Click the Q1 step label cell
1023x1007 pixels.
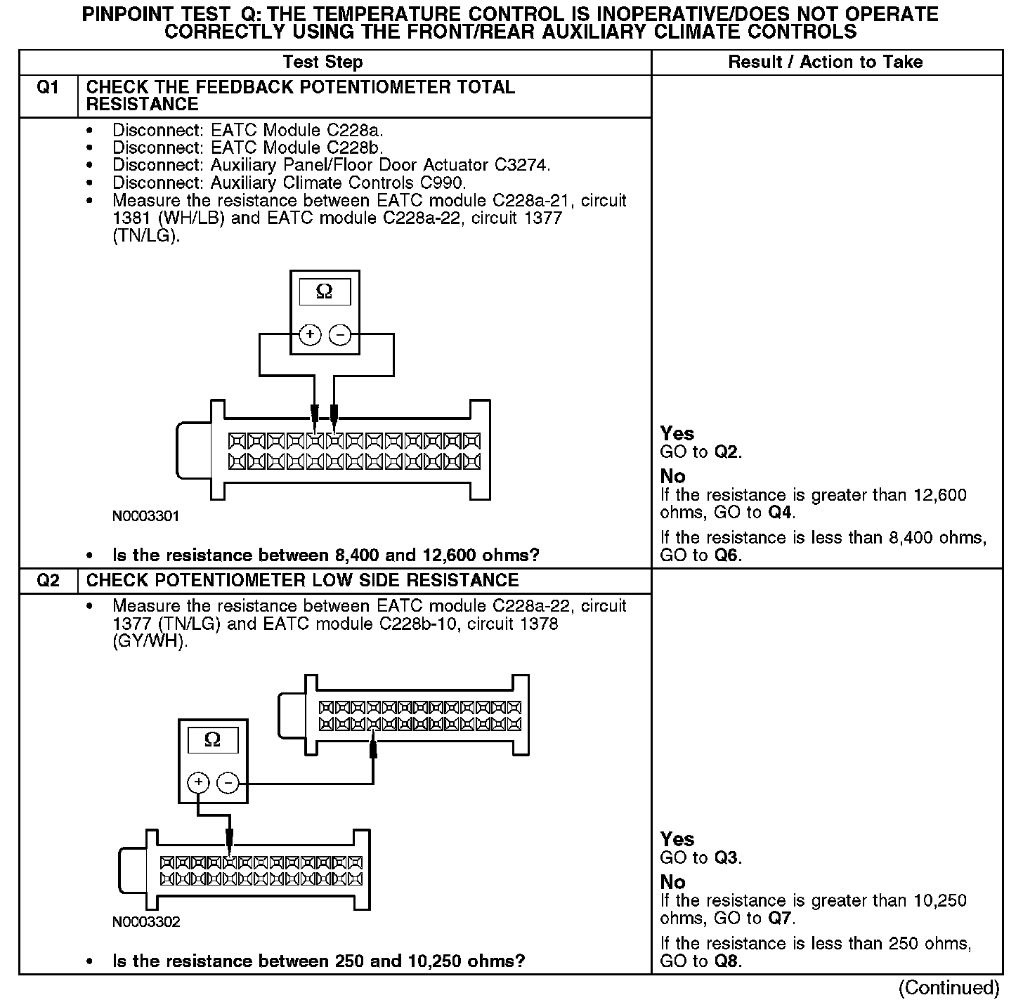tap(48, 88)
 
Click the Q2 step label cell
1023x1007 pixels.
tap(48, 581)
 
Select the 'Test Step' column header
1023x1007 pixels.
tap(322, 62)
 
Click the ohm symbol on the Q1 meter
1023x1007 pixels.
tap(324, 291)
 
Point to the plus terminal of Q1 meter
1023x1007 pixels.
tap(310, 335)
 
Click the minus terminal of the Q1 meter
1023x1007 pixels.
tap(340, 335)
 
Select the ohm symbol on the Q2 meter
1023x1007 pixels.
tap(211, 739)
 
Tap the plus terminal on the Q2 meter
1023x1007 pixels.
tap(199, 783)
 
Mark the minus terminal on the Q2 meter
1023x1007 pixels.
tap(227, 783)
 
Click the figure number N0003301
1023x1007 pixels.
tap(146, 516)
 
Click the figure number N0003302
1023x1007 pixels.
tap(146, 921)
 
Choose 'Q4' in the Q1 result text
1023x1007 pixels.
tap(779, 513)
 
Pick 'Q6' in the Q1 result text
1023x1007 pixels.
tap(727, 555)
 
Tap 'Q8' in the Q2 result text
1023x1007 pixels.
tap(727, 961)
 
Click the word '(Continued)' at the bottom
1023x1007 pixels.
tap(949, 987)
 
